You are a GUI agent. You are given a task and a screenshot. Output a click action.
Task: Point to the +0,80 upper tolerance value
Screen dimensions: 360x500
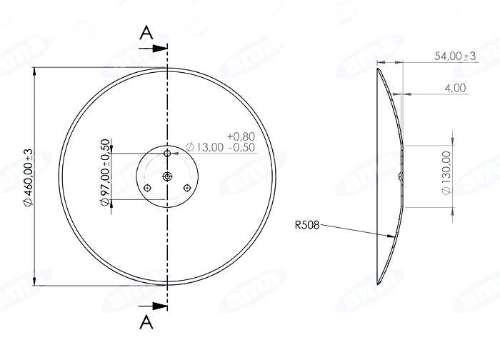click(x=240, y=136)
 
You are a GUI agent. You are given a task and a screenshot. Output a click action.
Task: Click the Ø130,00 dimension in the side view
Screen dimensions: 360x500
click(x=447, y=173)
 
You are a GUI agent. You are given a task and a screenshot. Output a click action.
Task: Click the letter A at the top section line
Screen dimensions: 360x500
click(x=146, y=33)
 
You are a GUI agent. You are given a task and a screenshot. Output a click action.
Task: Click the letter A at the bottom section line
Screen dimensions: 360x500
click(x=146, y=321)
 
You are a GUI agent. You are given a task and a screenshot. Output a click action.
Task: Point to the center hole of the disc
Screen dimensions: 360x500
click(x=167, y=176)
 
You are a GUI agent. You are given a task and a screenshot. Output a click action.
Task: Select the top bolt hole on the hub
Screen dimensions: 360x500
click(x=167, y=153)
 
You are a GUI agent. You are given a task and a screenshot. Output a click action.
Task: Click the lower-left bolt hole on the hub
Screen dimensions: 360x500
click(x=146, y=188)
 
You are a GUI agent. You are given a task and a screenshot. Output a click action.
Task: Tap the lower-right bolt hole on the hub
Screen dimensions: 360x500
click(x=188, y=188)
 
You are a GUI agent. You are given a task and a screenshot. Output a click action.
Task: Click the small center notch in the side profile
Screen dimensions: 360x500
click(x=401, y=174)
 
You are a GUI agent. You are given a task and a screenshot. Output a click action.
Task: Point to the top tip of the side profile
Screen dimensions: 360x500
click(x=378, y=66)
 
